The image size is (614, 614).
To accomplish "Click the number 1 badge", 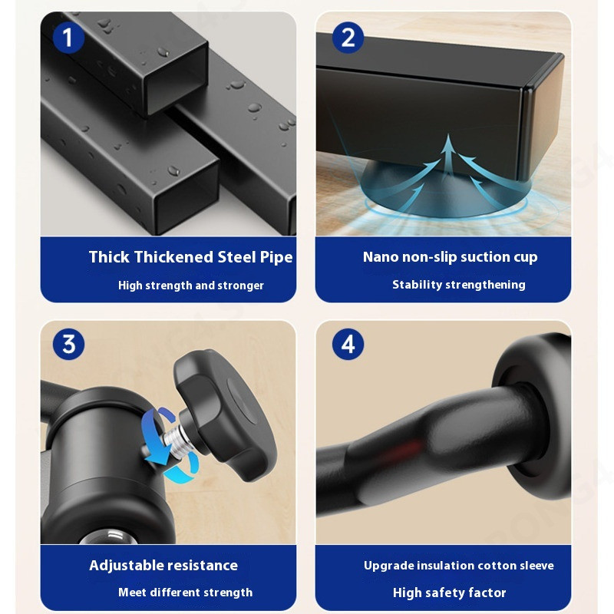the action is point(68,38).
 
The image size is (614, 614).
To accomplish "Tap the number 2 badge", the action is point(348,38).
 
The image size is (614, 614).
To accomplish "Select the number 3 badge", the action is point(68,344).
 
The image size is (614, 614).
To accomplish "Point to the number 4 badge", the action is point(348,344).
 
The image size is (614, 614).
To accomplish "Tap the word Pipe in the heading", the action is point(276,258).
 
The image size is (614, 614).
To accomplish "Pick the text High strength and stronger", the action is point(190,286).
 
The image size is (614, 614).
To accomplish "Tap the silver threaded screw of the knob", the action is point(175,437).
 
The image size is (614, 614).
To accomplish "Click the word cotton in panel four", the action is point(497,566).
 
